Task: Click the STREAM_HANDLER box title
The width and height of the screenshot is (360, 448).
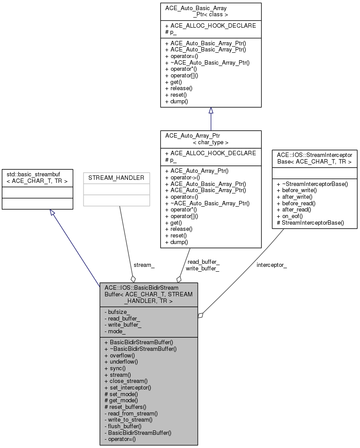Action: (116, 178)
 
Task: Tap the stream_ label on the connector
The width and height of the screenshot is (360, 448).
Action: (144, 266)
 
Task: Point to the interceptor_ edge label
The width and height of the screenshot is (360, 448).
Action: (272, 265)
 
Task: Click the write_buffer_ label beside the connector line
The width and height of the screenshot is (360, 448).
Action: (202, 268)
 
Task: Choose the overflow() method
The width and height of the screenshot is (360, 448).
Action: (120, 355)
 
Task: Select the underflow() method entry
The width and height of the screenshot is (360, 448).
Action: (121, 362)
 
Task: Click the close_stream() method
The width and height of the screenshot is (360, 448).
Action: (126, 381)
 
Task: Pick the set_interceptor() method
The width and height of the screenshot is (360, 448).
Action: (127, 387)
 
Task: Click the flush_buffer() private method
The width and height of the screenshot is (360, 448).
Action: (123, 426)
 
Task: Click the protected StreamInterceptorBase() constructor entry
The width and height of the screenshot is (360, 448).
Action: (310, 223)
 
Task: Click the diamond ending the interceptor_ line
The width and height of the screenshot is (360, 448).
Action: (200, 315)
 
